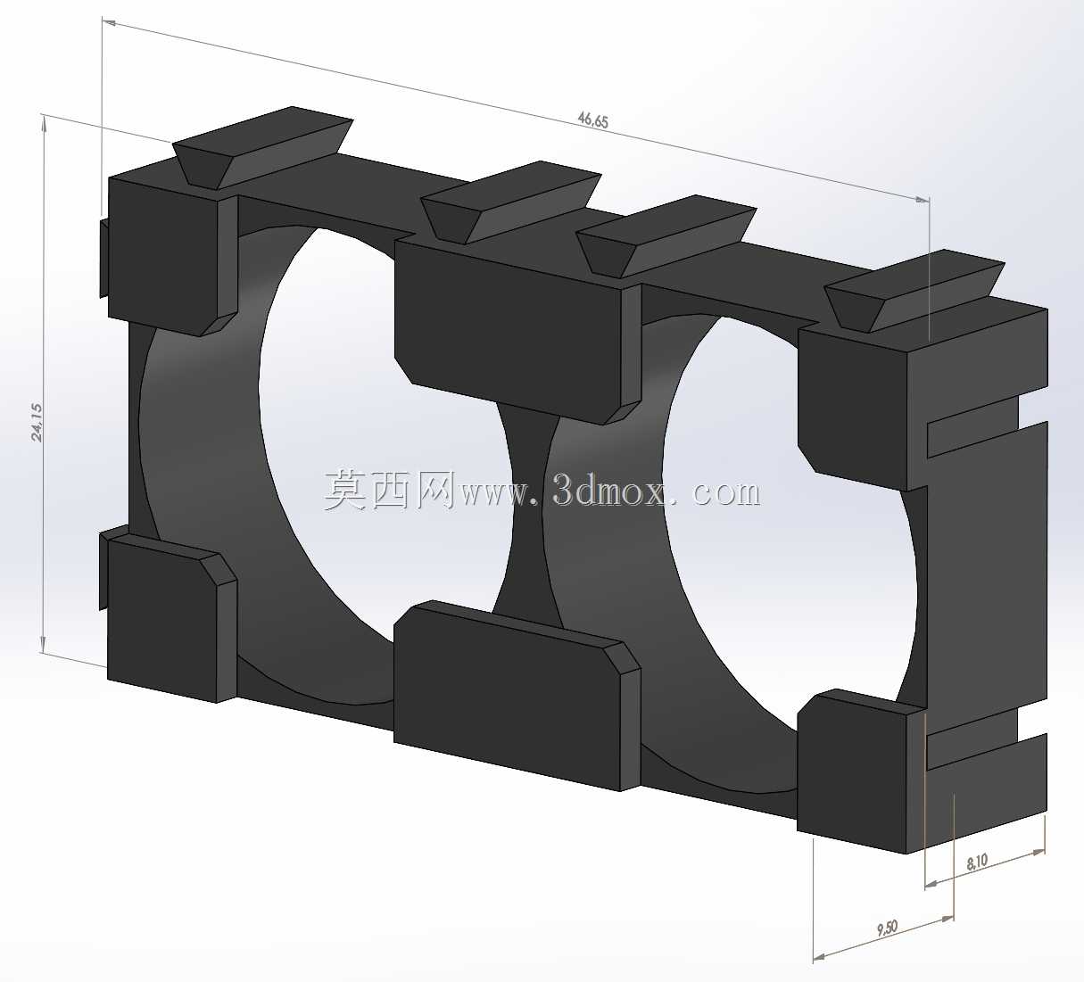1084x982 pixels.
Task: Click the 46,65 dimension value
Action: (592, 120)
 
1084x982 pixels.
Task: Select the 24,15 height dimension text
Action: (37, 422)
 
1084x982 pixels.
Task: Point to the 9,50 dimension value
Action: (888, 928)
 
